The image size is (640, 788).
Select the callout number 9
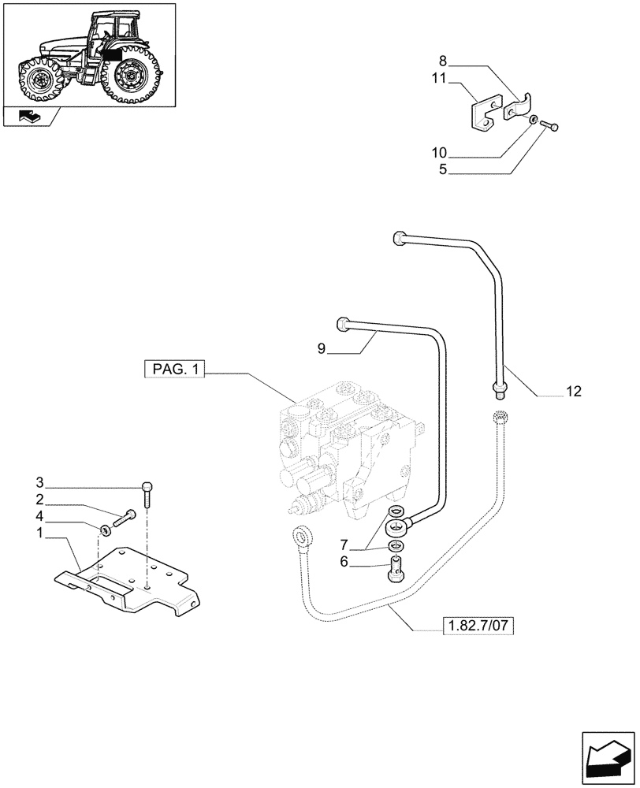point(321,348)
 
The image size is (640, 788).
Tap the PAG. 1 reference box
point(174,369)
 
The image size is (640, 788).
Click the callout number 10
point(439,151)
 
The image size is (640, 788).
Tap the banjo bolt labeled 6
point(396,569)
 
